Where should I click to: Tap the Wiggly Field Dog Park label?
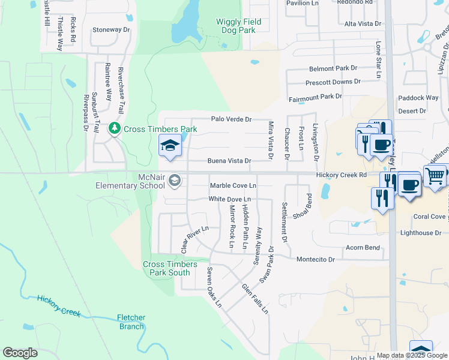[239, 26]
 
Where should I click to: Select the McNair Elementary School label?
[130, 181]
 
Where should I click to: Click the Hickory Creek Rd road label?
[342, 175]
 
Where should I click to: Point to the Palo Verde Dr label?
[231, 119]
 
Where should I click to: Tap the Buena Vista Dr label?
[229, 161]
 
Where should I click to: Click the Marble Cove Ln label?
[233, 185]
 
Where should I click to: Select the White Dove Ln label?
[229, 199]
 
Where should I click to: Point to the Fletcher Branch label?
[131, 322]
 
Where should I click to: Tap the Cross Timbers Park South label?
[166, 268]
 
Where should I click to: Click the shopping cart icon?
[435, 175]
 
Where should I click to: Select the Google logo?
[20, 353]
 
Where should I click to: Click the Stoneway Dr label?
[111, 29]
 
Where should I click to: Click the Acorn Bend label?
[363, 247]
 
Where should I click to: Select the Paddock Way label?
[418, 98]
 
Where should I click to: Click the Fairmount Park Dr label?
[315, 96]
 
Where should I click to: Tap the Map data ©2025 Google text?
[412, 355]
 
